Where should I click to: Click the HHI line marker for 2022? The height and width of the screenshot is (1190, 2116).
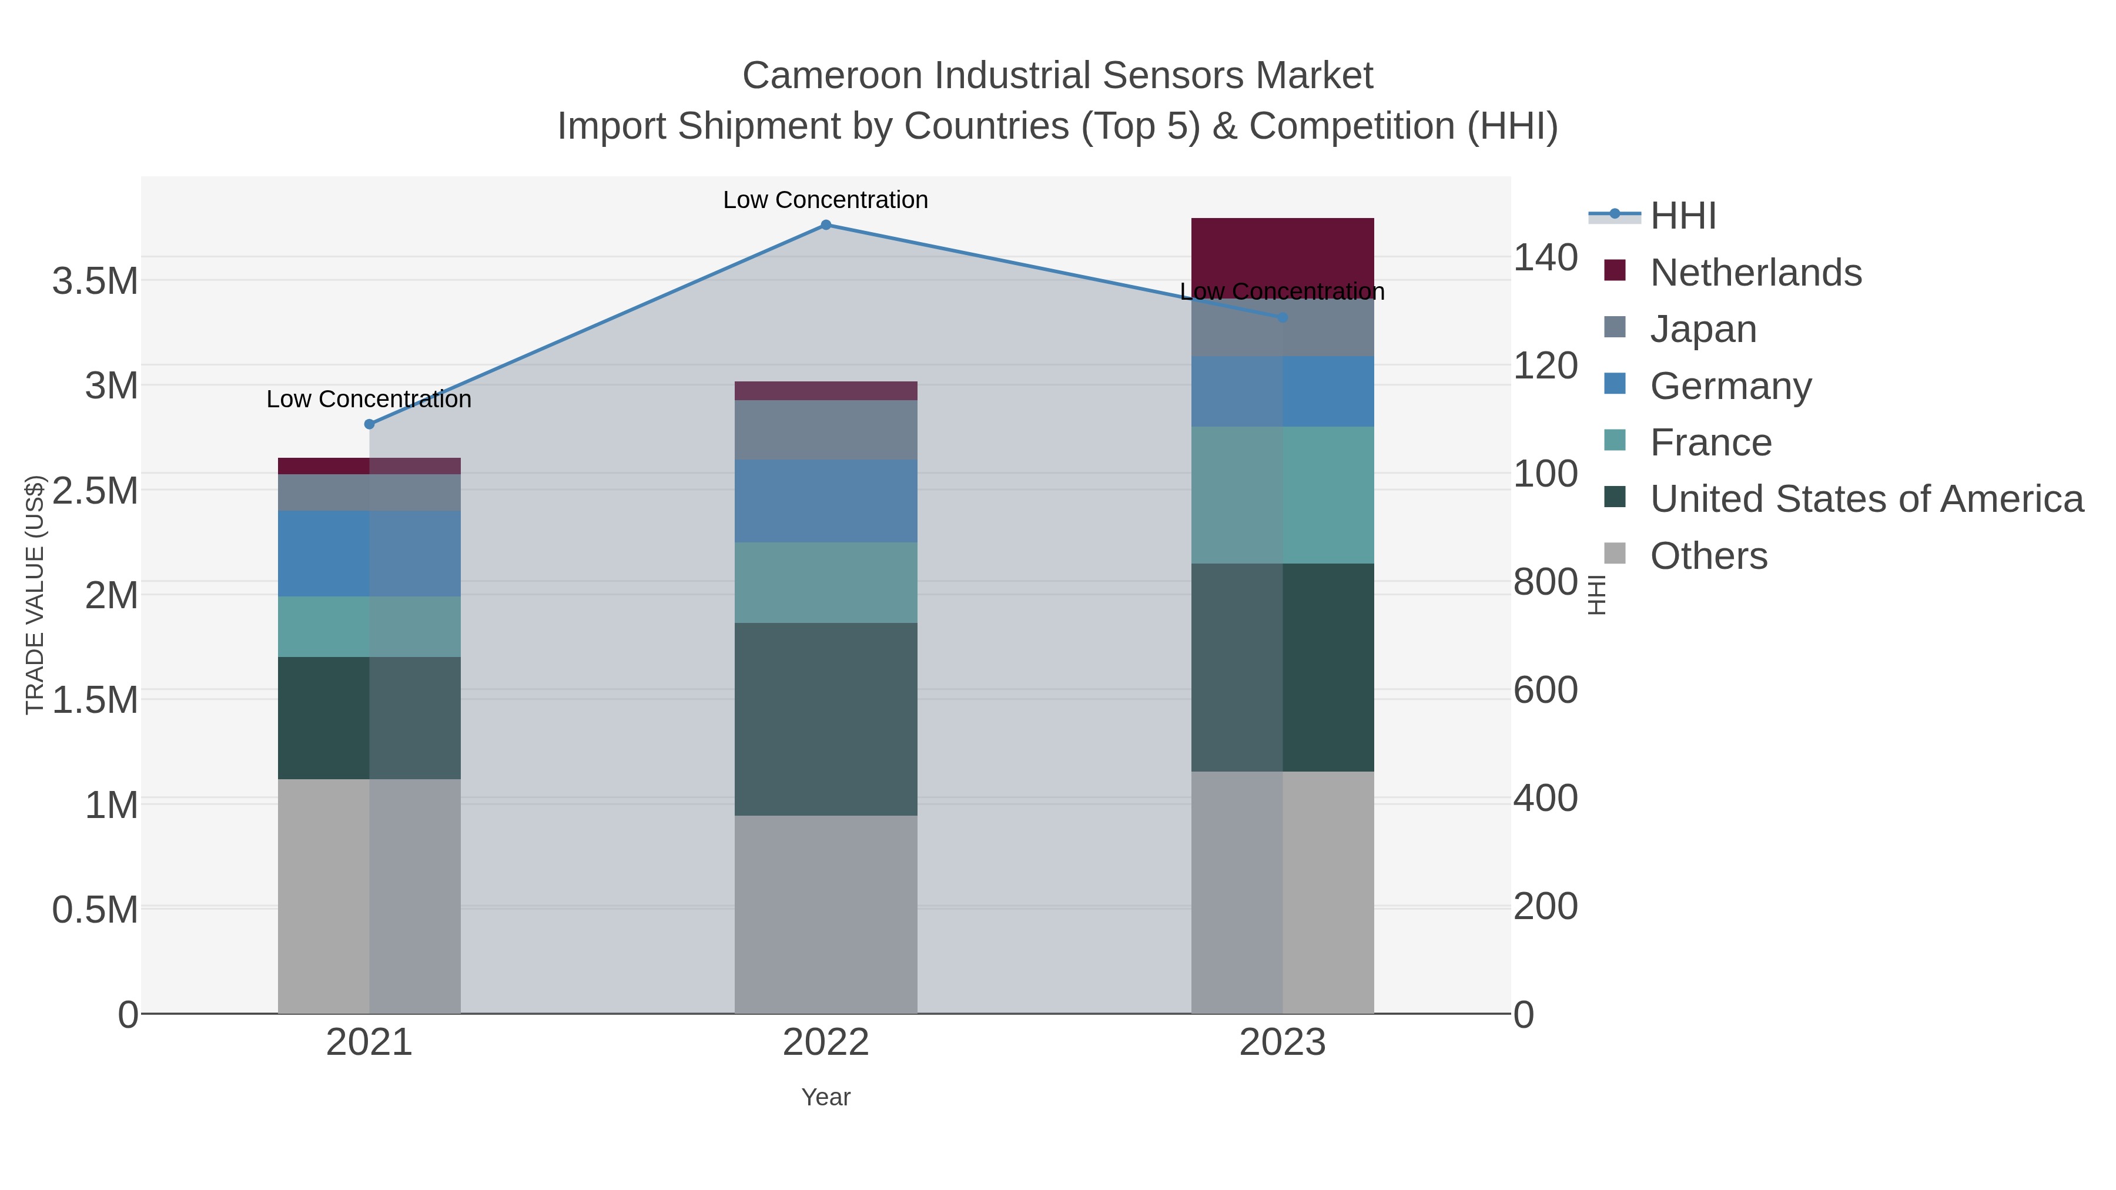pyautogui.click(x=826, y=225)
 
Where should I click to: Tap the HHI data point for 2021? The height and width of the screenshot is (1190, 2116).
pyautogui.click(x=369, y=424)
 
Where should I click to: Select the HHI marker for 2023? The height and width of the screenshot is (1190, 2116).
pyautogui.click(x=1283, y=317)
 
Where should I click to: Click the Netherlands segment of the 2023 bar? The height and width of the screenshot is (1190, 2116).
pyautogui.click(x=1283, y=250)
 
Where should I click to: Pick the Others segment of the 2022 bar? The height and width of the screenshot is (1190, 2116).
pyautogui.click(x=826, y=913)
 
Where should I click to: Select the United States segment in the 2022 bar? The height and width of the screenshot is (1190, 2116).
pyautogui.click(x=826, y=719)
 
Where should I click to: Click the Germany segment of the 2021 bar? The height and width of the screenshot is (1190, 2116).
pyautogui.click(x=369, y=553)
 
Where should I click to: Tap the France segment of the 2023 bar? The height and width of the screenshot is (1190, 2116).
pyautogui.click(x=1283, y=494)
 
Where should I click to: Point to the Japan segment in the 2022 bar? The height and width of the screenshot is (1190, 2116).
pyautogui.click(x=826, y=430)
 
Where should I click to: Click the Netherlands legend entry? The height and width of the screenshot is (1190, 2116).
pyautogui.click(x=1755, y=273)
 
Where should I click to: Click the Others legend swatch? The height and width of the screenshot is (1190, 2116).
pyautogui.click(x=1614, y=554)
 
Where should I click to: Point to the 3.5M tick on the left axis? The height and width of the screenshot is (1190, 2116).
pyautogui.click(x=95, y=281)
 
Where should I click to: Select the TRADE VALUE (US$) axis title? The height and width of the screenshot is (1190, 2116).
pyautogui.click(x=35, y=595)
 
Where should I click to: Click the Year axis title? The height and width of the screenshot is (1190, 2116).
pyautogui.click(x=826, y=1097)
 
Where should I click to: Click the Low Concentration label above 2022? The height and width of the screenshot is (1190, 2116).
pyautogui.click(x=826, y=200)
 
